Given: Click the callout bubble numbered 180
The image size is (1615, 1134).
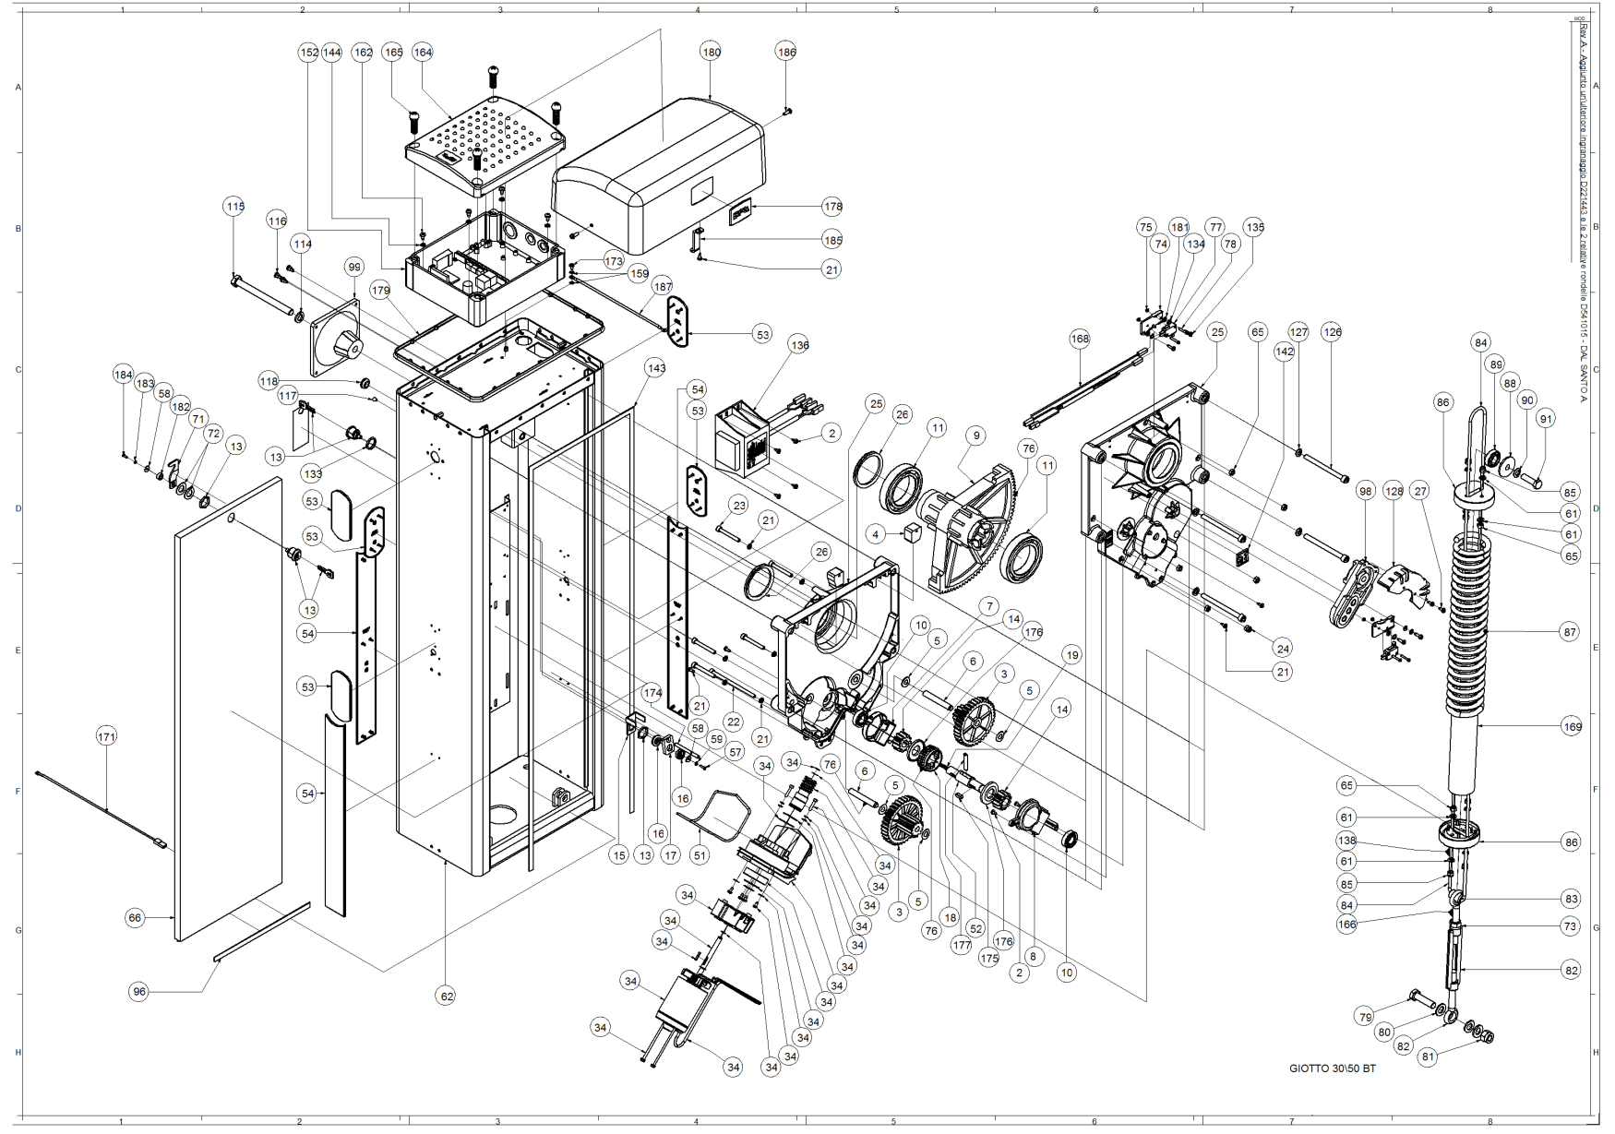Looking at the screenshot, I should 711,53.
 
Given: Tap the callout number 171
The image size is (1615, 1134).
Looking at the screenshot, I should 107,736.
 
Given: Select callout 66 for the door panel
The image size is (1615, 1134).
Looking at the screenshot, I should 136,918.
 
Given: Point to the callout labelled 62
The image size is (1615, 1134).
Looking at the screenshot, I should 447,997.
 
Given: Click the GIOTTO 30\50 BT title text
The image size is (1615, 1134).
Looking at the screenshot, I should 1332,1068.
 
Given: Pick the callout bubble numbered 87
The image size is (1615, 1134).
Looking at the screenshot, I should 1570,632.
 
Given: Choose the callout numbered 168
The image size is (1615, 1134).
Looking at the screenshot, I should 1080,339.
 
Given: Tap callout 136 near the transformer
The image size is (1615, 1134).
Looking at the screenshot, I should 799,345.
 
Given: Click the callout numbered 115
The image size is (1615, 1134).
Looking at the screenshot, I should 235,207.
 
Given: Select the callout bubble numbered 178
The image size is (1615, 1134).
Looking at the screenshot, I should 832,207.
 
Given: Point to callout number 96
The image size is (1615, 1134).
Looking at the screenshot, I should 139,992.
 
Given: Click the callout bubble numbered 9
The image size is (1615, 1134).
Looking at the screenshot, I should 975,436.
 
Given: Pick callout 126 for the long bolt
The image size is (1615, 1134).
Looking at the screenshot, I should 1332,332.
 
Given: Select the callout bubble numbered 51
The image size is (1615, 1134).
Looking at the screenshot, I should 700,855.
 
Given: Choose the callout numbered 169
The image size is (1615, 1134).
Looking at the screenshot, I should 1572,727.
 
